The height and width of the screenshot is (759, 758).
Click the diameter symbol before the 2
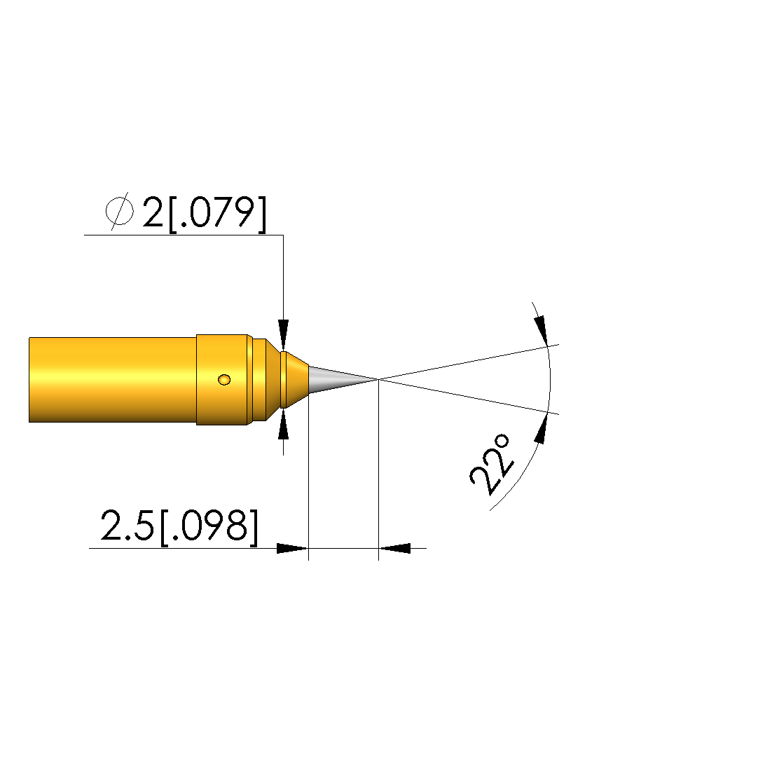pyautogui.click(x=120, y=212)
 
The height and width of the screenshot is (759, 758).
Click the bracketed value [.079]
pyautogui.click(x=217, y=214)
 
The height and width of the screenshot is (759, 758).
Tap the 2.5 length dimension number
pyautogui.click(x=127, y=526)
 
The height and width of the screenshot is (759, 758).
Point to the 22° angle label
pyautogui.click(x=490, y=465)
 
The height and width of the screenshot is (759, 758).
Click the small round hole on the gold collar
pyautogui.click(x=224, y=380)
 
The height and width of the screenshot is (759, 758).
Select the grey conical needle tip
pyautogui.click(x=343, y=380)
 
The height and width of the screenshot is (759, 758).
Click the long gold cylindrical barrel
pyautogui.click(x=113, y=380)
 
